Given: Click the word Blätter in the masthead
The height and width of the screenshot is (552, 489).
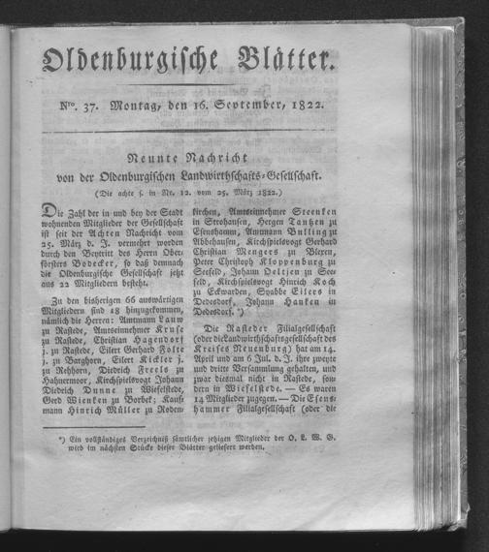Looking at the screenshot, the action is coord(282,64).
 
